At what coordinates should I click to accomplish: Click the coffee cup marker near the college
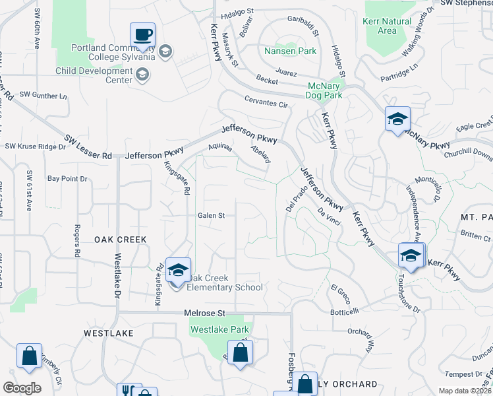(x=142, y=34)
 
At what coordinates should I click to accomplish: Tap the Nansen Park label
(x=290, y=51)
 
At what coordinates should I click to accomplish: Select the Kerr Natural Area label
(x=387, y=26)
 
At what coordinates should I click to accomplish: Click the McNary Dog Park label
(x=325, y=90)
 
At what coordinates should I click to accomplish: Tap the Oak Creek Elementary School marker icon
(x=178, y=271)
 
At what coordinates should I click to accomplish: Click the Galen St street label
(x=212, y=215)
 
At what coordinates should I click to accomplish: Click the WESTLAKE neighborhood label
(x=109, y=334)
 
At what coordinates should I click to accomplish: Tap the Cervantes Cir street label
(x=266, y=104)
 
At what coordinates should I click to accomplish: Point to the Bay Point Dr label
(x=67, y=179)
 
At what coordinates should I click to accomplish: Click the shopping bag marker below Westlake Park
(x=240, y=352)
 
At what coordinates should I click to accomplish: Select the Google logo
(x=22, y=388)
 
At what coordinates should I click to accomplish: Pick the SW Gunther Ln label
(x=43, y=96)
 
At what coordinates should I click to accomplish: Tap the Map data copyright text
(x=464, y=391)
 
